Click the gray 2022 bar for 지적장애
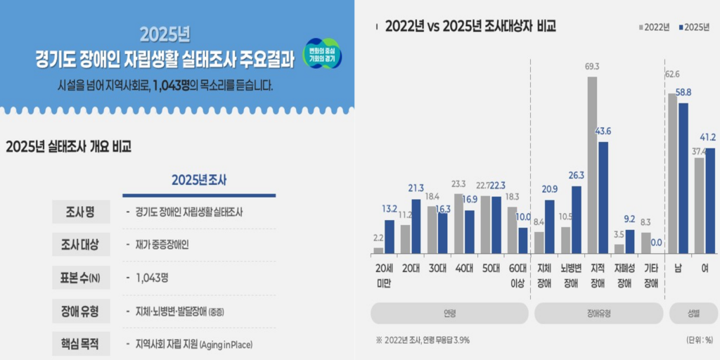[592, 165]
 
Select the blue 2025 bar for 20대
[416, 226]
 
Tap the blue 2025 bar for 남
[683, 178]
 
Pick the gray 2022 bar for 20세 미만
[378, 250]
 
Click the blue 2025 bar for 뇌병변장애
[576, 219]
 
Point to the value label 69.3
[592, 67]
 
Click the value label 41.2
[707, 137]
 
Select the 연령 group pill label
[449, 314]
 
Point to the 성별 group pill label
[693, 314]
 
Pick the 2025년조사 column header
[199, 180]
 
